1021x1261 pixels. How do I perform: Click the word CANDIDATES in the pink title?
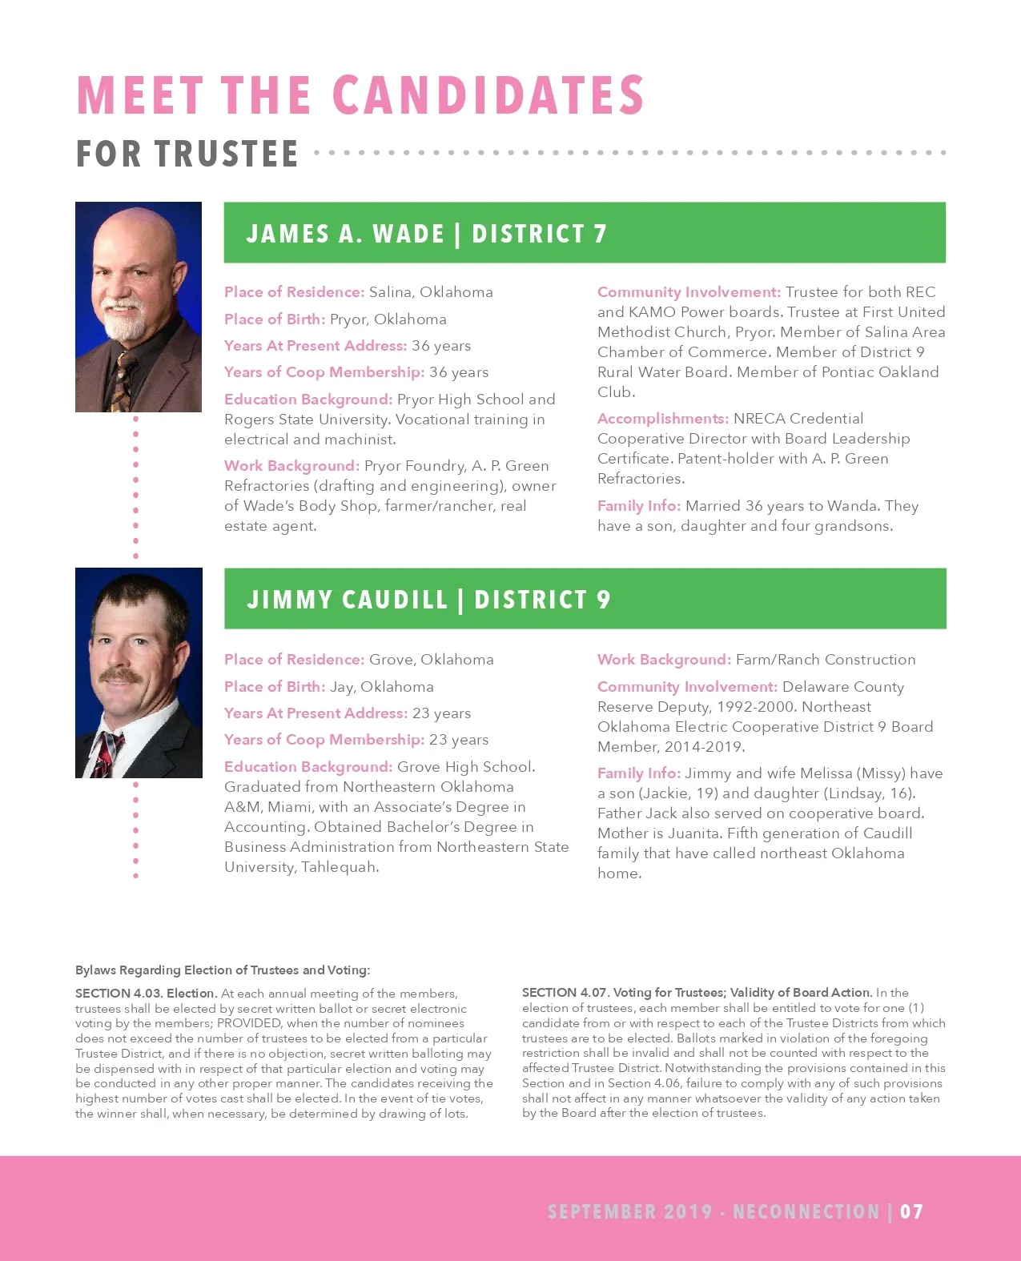click(488, 95)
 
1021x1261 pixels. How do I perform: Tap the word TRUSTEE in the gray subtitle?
click(227, 154)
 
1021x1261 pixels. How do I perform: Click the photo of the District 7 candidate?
click(139, 307)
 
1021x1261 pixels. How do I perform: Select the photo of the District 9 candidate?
click(139, 673)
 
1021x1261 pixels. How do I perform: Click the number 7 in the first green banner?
click(600, 234)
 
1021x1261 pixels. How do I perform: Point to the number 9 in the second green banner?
click(603, 600)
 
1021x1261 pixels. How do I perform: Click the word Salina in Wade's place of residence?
click(390, 292)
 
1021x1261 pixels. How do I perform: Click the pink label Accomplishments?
click(663, 419)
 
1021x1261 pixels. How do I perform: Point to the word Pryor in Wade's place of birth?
click(348, 319)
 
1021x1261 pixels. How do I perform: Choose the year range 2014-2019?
click(706, 747)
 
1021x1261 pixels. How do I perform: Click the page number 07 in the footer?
click(911, 1211)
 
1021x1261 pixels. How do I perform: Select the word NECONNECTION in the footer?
click(806, 1211)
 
